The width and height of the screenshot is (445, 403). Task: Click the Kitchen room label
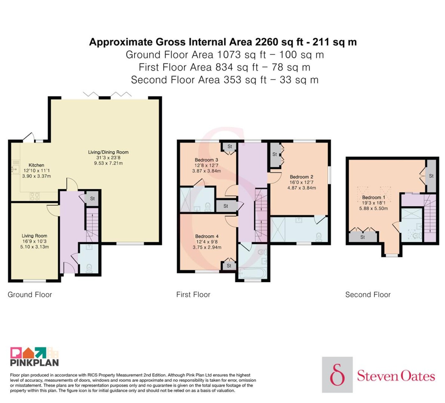pos(36,165)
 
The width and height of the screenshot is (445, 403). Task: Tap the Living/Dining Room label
pos(108,152)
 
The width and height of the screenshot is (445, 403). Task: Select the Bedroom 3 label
pos(206,160)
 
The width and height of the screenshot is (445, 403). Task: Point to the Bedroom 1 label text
pos(373,197)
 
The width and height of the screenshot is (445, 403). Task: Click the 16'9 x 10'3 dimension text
pos(34,241)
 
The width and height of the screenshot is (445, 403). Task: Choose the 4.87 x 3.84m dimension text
pos(301,188)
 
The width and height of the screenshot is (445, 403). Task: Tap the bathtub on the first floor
pos(252,273)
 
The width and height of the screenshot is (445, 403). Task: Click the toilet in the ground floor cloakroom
pos(89,268)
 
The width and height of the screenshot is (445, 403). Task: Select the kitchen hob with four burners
pos(35,196)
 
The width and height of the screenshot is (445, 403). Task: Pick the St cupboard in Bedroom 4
pos(229,266)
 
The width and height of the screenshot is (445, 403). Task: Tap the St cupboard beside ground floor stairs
pos(92,199)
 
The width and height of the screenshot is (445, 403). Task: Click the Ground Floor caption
pos(30,295)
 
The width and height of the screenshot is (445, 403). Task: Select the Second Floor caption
pos(368,295)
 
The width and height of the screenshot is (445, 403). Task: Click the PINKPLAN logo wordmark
pos(34,363)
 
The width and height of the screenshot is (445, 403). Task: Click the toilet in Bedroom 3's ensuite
pos(208,207)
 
